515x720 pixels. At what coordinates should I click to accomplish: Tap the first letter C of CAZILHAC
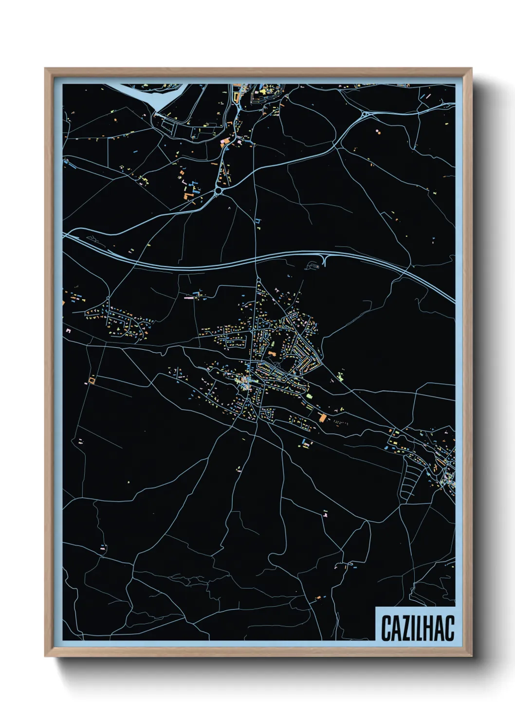tap(386, 628)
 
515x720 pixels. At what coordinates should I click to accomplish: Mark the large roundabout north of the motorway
tap(218, 191)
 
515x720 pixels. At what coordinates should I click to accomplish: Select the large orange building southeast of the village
tap(322, 417)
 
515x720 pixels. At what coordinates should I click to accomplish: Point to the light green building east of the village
tap(340, 376)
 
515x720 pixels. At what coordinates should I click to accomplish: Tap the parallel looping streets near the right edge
tap(412, 475)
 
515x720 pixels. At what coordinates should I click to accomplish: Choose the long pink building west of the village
tap(189, 298)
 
